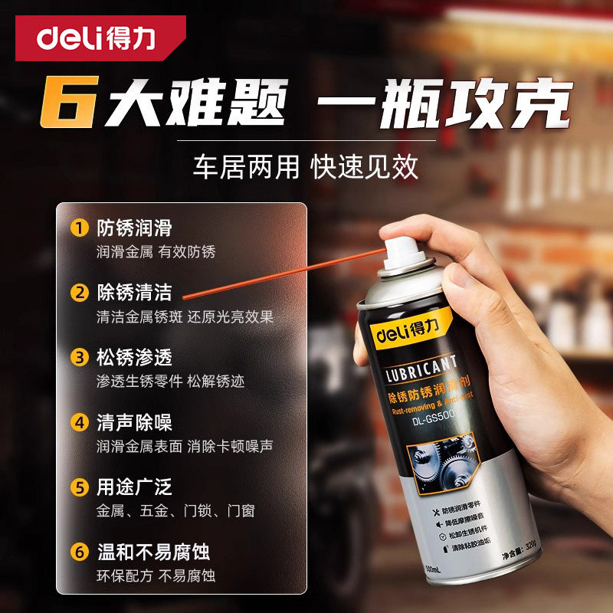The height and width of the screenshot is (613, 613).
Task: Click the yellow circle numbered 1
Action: [x=78, y=228]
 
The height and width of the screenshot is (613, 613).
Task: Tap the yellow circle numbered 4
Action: [x=78, y=422]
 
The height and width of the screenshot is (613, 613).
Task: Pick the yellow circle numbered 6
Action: [x=78, y=552]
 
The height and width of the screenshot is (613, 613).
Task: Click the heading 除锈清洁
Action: [x=134, y=293]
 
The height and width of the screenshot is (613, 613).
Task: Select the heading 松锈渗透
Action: [x=134, y=358]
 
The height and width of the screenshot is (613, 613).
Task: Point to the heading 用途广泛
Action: [x=134, y=487]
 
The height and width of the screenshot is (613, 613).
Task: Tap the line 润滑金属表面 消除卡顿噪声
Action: [x=185, y=446]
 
